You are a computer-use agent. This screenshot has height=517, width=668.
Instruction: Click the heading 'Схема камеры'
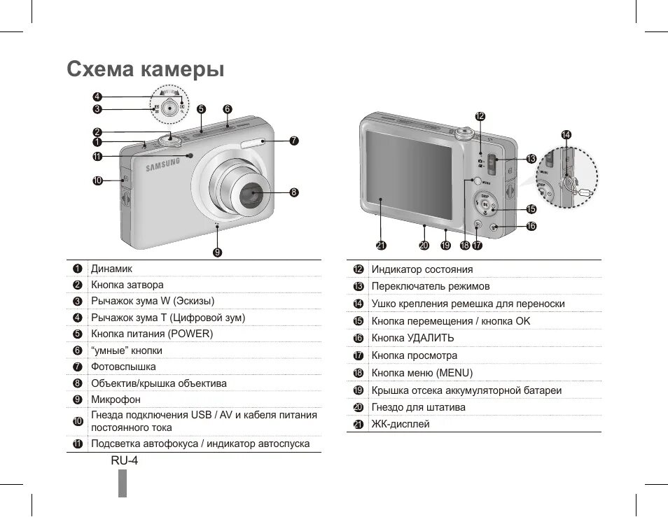pyautogui.click(x=145, y=69)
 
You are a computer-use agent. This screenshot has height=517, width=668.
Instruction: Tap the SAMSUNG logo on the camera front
pyautogui.click(x=162, y=165)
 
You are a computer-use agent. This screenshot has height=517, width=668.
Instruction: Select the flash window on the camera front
pyautogui.click(x=252, y=144)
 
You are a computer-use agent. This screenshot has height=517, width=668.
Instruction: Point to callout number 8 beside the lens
pyautogui.click(x=293, y=192)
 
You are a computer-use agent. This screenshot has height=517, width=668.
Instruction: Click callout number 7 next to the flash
pyautogui.click(x=294, y=141)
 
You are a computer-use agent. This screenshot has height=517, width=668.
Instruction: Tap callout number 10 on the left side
pyautogui.click(x=97, y=180)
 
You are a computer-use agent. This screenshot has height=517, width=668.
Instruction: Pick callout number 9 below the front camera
pyautogui.click(x=218, y=252)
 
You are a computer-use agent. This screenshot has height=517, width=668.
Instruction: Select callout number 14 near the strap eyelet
pyautogui.click(x=566, y=134)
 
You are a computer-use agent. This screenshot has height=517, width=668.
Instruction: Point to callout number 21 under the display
pyautogui.click(x=381, y=245)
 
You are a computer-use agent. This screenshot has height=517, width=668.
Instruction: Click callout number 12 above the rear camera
pyautogui.click(x=480, y=116)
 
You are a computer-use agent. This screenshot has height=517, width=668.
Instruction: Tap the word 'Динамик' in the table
pyautogui.click(x=111, y=269)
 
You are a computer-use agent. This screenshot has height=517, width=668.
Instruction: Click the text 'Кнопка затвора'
pyautogui.click(x=127, y=285)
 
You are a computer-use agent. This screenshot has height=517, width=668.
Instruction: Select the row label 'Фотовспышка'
pyautogui.click(x=123, y=367)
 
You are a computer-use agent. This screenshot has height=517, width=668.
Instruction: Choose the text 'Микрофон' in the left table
pyautogui.click(x=116, y=399)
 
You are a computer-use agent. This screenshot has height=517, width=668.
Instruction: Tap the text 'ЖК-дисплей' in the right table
pyautogui.click(x=401, y=424)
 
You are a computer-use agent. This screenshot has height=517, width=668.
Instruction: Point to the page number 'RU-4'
pyautogui.click(x=125, y=461)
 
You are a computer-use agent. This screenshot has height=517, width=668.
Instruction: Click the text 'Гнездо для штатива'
pyautogui.click(x=418, y=407)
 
